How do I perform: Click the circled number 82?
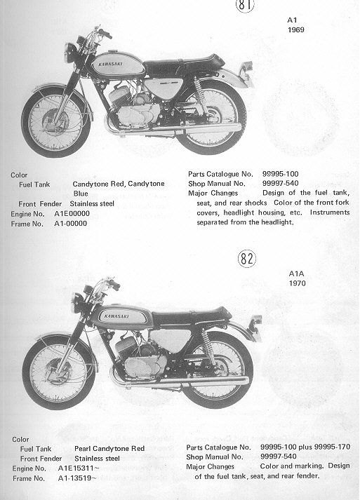(247, 259)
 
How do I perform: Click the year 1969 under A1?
(296, 30)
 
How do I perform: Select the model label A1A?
(296, 273)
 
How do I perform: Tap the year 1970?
(297, 283)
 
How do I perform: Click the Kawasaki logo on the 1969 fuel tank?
(110, 64)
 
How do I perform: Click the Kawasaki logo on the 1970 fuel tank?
(116, 316)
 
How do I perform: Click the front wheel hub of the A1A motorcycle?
(58, 372)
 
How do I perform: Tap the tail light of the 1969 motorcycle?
(247, 67)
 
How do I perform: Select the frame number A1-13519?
(77, 478)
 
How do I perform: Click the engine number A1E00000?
(72, 214)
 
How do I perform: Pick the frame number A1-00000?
(71, 224)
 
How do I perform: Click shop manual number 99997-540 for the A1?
(281, 183)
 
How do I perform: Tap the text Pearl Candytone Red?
(109, 448)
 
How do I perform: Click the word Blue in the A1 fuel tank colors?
(81, 194)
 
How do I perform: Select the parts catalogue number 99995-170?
(332, 447)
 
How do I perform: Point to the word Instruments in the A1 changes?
(330, 212)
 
